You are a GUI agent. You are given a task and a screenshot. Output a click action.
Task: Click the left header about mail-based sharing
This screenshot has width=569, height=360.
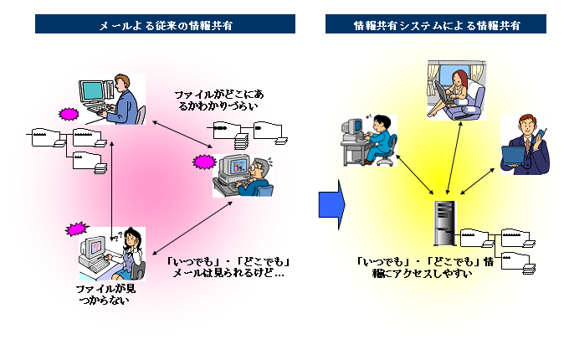[x=165, y=24]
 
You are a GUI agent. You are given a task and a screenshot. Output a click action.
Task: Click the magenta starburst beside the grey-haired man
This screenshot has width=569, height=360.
[x=204, y=161]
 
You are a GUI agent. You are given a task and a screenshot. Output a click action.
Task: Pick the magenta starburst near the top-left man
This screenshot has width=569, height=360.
[x=68, y=113]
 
